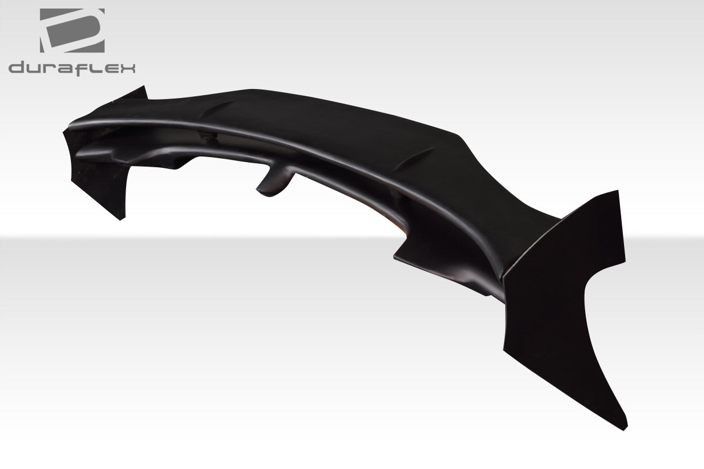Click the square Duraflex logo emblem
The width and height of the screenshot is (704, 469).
72,31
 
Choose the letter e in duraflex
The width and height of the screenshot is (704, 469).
107,69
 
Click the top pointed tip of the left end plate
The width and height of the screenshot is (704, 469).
143,87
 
